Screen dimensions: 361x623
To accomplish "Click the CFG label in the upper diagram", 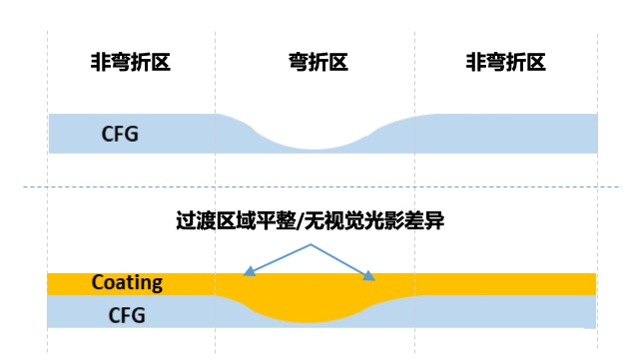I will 122,133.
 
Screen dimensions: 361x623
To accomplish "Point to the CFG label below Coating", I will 126,315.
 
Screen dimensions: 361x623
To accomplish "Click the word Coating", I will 127,282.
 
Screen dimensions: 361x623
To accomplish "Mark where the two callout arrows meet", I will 311,242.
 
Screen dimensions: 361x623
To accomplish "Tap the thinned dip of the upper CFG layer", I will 311,144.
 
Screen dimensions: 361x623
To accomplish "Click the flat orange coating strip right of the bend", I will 499,283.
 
